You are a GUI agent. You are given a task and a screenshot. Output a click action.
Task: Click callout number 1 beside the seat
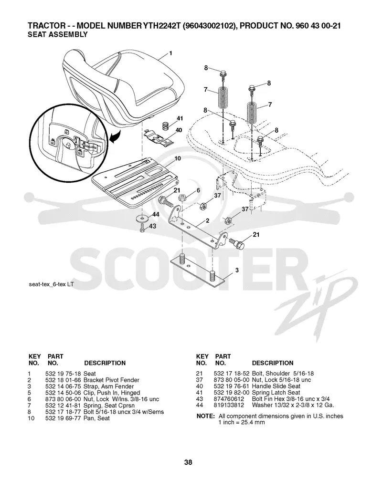[170, 53]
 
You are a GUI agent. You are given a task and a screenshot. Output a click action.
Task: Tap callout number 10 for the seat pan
[178, 158]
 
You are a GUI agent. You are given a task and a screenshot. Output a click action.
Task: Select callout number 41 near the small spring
[180, 118]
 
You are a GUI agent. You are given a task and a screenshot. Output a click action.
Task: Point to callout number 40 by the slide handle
[179, 130]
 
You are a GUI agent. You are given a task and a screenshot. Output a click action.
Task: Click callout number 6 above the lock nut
[198, 190]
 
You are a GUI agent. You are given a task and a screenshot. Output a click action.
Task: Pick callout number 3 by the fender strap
[237, 270]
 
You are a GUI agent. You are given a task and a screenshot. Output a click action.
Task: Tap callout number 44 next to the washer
[156, 214]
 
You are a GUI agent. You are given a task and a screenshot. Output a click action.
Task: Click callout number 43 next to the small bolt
[152, 226]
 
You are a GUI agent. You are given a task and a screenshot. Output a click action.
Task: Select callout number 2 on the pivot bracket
[207, 220]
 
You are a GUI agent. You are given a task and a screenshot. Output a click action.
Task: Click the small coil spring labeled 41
[166, 125]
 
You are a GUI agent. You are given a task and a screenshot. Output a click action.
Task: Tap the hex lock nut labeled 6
[182, 198]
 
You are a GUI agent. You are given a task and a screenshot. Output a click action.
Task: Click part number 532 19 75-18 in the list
[64, 374]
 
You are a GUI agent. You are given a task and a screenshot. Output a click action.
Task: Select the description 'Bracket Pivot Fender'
[111, 380]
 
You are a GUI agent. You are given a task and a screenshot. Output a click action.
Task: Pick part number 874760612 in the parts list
[229, 399]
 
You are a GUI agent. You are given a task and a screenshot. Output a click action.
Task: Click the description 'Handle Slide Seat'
[276, 386]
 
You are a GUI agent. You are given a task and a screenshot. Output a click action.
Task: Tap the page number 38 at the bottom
[188, 462]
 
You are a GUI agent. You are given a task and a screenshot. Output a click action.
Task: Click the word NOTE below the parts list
[205, 416]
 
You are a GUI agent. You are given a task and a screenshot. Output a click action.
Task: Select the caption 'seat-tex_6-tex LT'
[51, 285]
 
